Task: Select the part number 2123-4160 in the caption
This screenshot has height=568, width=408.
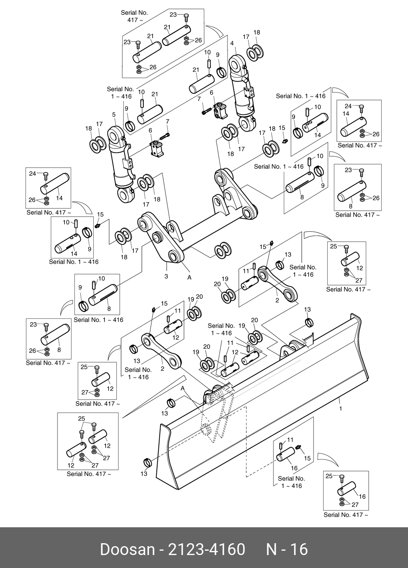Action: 206,549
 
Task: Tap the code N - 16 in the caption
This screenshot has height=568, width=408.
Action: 287,549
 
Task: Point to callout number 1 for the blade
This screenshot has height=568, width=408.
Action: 341,409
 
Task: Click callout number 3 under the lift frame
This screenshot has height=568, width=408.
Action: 166,276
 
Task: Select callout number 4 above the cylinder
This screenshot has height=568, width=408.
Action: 232,43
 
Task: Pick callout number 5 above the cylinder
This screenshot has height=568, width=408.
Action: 114,115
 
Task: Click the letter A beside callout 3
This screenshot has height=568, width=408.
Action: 189,277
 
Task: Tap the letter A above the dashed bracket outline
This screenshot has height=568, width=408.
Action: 183,388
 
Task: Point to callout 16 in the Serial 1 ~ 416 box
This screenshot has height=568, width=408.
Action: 294,468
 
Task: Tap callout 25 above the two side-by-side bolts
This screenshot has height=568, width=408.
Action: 82,419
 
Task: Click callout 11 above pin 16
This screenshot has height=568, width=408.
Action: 290,440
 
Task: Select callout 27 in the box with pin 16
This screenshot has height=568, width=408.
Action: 355,504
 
